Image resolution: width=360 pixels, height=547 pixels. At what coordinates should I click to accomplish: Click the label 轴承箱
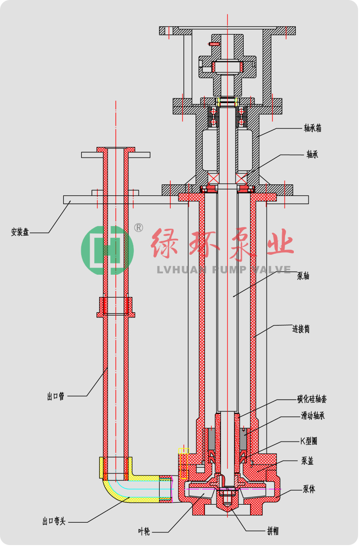pyautogui.click(x=312, y=128)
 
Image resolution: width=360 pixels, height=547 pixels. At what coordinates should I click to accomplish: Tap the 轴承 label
pyautogui.click(x=312, y=154)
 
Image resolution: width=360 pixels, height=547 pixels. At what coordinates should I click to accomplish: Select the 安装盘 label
pyautogui.click(x=20, y=232)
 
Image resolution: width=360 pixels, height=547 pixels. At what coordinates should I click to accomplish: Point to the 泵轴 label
pyautogui.click(x=303, y=276)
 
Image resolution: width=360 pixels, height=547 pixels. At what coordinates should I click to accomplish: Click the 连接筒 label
pyautogui.click(x=301, y=329)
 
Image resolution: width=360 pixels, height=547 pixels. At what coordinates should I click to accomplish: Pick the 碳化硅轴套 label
pyautogui.click(x=312, y=399)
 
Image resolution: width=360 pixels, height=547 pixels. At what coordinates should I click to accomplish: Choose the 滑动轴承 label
pyautogui.click(x=313, y=416)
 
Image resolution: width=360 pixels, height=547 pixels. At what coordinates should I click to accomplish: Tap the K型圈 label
pyautogui.click(x=308, y=441)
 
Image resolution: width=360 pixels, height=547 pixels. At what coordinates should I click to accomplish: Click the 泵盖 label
pyautogui.click(x=307, y=461)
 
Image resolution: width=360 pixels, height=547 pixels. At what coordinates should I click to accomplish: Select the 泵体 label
pyautogui.click(x=308, y=489)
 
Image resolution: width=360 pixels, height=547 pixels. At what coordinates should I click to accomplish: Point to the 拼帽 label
pyautogui.click(x=273, y=531)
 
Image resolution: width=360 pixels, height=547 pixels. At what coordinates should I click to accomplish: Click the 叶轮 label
pyautogui.click(x=144, y=531)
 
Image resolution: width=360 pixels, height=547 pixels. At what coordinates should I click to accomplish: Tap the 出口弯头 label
pyautogui.click(x=54, y=522)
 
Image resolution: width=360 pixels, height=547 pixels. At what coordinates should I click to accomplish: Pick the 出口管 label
pyautogui.click(x=56, y=396)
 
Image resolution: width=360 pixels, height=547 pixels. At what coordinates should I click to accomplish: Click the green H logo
pyautogui.click(x=107, y=250)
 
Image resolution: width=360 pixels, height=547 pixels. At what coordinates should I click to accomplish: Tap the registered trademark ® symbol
pyautogui.click(x=138, y=228)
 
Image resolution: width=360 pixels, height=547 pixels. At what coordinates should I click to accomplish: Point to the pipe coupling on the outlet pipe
pyautogui.click(x=116, y=307)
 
